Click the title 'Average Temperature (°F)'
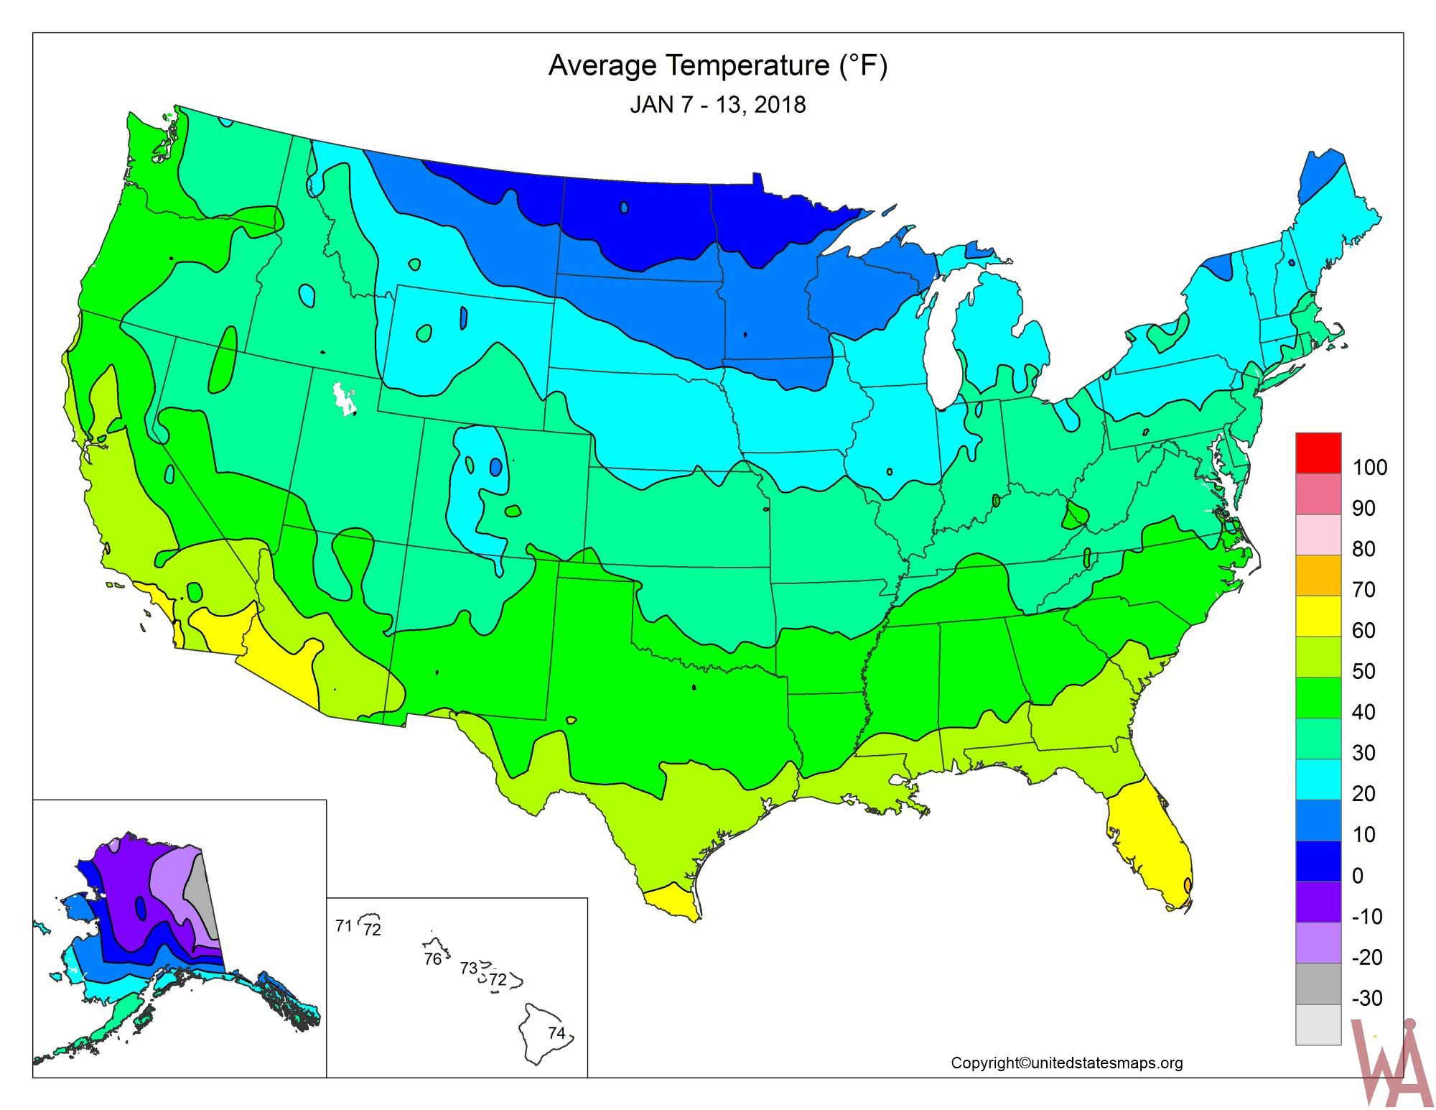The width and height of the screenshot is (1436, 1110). (x=717, y=65)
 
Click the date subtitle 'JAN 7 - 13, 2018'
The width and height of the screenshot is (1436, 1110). (x=717, y=105)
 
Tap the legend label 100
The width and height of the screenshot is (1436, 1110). (x=1369, y=468)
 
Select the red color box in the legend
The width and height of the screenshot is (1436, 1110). (x=1318, y=453)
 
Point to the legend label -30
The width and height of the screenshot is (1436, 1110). (x=1366, y=998)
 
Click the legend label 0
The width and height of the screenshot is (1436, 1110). (x=1357, y=876)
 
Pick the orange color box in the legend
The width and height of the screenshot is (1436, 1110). (x=1318, y=575)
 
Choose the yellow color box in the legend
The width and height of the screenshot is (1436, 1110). (x=1318, y=616)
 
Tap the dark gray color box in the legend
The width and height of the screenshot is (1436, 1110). (x=1318, y=983)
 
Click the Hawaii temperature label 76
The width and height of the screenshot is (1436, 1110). (x=432, y=960)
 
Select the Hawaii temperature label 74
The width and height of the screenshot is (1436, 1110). (x=556, y=1033)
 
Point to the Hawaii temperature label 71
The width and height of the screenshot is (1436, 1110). (x=343, y=925)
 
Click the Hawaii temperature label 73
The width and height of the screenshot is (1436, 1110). (x=468, y=968)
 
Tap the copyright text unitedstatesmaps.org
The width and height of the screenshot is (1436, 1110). (x=1066, y=1063)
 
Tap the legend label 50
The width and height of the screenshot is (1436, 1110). (x=1363, y=672)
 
